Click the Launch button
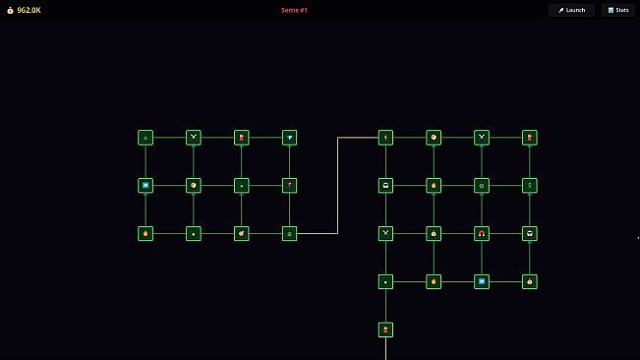click(571, 10)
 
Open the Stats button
click(618, 10)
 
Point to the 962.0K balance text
click(29, 10)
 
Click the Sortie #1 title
click(294, 10)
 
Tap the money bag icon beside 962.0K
click(10, 10)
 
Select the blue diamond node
click(289, 138)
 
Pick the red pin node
click(289, 186)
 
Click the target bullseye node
click(241, 233)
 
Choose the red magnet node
click(482, 233)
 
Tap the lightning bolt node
click(385, 138)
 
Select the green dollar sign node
click(530, 186)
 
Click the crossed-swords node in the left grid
click(194, 138)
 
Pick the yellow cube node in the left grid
click(194, 186)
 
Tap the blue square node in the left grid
click(145, 186)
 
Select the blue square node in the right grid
click(482, 281)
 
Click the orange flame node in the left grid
click(145, 233)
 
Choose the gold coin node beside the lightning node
click(434, 138)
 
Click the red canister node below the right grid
click(385, 330)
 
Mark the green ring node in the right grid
click(482, 186)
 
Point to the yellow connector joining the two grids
click(337, 186)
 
